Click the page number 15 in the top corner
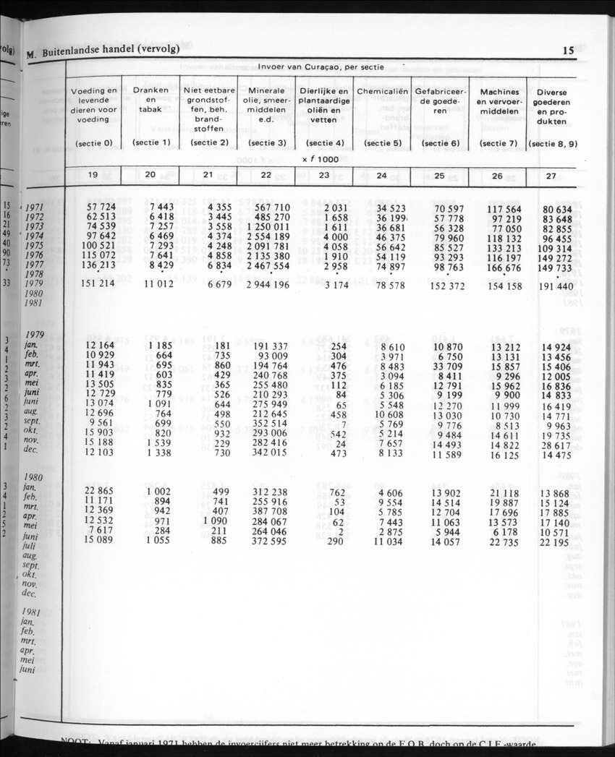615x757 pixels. [567, 51]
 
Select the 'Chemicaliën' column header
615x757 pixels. [381, 92]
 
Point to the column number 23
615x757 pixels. [324, 176]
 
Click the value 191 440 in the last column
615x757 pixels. [555, 286]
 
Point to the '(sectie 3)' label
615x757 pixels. [266, 143]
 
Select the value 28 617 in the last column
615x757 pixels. [556, 442]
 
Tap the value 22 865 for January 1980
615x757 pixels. [101, 492]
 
